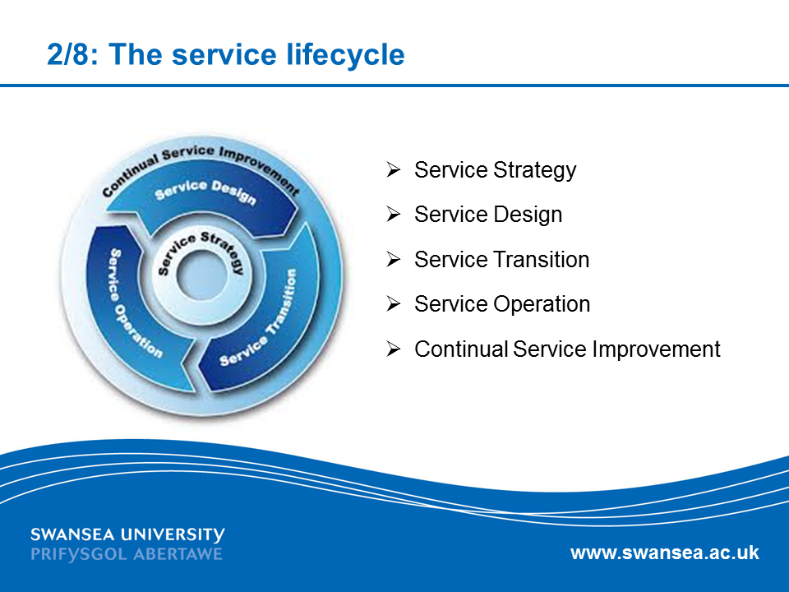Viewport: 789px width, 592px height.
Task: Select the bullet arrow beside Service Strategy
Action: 394,169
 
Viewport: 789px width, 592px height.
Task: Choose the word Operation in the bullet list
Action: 542,305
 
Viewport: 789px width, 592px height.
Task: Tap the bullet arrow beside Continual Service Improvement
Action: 394,349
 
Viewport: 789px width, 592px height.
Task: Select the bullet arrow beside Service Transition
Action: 394,259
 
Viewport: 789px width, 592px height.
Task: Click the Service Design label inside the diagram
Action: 205,191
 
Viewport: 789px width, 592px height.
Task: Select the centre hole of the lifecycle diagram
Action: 202,275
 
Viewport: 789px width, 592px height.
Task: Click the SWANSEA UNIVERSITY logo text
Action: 127,534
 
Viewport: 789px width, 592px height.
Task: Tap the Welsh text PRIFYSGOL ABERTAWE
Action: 127,554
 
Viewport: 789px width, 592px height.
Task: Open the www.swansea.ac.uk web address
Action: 665,553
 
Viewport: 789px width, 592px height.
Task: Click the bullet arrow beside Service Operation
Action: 394,304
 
